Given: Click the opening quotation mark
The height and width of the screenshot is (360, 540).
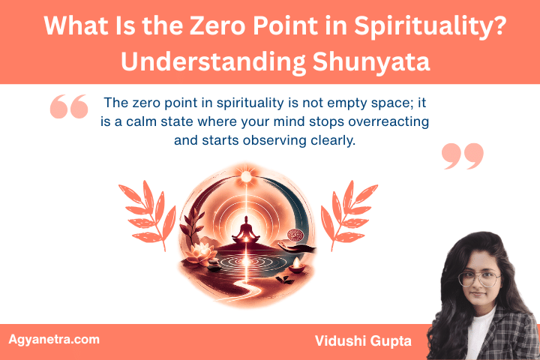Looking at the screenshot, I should [69, 107].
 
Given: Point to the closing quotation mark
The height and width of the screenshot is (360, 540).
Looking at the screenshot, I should [463, 155].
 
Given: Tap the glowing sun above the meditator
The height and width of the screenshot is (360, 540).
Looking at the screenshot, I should [245, 176].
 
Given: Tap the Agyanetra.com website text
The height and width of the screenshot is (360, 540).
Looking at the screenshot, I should [54, 339].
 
